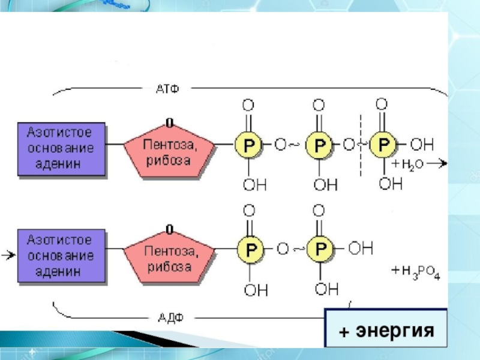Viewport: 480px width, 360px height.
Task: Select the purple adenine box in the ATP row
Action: click(62, 149)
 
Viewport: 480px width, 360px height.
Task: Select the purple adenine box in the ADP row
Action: click(62, 254)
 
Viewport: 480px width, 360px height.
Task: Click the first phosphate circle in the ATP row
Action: click(247, 145)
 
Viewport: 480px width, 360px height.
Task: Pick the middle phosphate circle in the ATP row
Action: click(319, 145)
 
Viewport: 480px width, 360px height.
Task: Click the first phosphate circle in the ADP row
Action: click(250, 248)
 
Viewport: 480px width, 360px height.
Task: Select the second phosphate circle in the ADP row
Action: click(319, 248)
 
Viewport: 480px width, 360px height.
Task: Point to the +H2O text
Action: click(409, 164)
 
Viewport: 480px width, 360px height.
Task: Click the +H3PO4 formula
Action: click(416, 273)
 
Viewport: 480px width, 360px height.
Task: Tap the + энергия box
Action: click(386, 331)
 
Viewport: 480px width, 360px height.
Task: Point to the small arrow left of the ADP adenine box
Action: click(8, 256)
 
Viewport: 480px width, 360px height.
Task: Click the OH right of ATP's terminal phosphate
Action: click(422, 145)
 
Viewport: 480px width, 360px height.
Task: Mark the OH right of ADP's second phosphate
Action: click(361, 248)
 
